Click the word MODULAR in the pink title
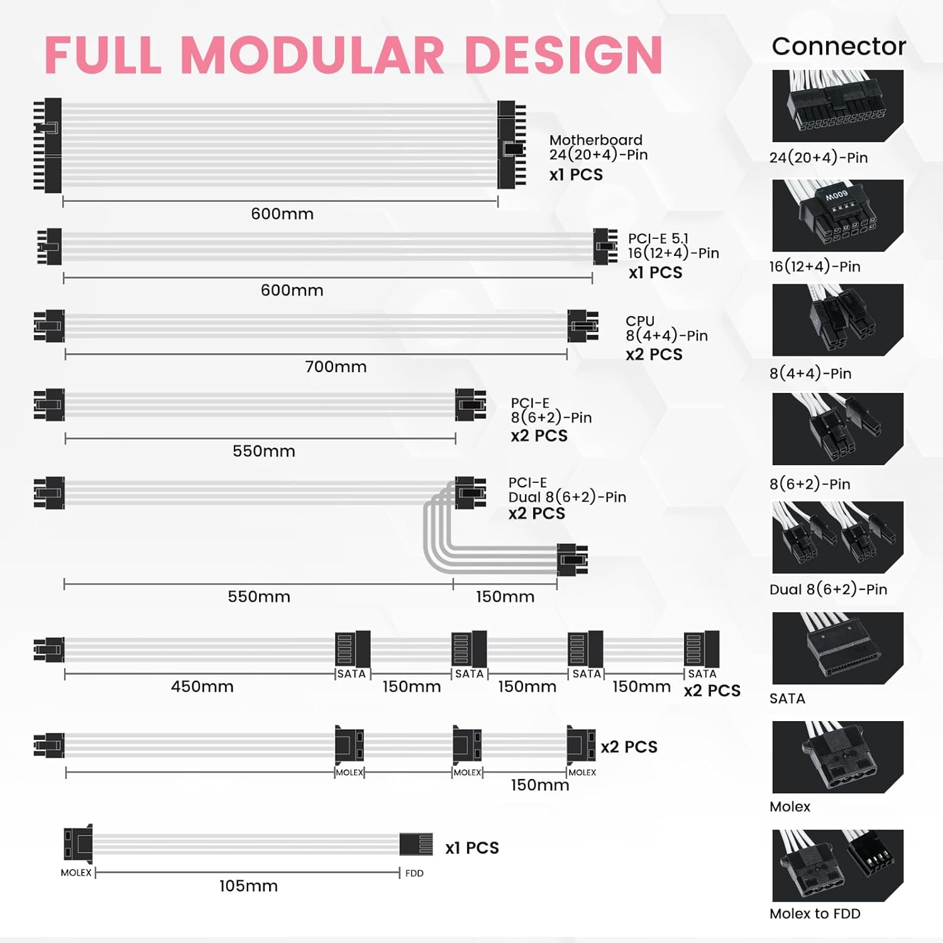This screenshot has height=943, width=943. (313, 55)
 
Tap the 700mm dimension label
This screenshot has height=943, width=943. (336, 367)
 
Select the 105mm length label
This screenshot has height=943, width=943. (248, 886)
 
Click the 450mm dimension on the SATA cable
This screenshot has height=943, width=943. (202, 687)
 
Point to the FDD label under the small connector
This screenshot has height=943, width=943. (414, 873)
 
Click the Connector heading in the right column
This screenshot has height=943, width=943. (839, 46)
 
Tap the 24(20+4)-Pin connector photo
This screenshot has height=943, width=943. (837, 106)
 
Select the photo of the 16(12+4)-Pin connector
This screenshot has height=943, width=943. (837, 215)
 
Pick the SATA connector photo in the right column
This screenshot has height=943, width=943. (837, 648)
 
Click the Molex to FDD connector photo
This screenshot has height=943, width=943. (837, 865)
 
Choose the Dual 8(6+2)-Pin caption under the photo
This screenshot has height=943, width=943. (828, 589)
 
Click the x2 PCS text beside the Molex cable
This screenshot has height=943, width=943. (629, 747)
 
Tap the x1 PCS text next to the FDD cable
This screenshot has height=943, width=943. (472, 848)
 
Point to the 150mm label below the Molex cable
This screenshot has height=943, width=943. (539, 785)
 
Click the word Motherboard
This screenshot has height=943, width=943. (595, 140)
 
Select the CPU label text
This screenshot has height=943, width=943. (640, 321)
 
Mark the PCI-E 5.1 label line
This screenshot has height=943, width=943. (658, 239)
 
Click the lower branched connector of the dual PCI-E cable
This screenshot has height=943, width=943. (572, 560)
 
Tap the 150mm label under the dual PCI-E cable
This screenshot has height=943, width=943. (505, 597)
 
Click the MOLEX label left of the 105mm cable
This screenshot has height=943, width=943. (76, 873)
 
